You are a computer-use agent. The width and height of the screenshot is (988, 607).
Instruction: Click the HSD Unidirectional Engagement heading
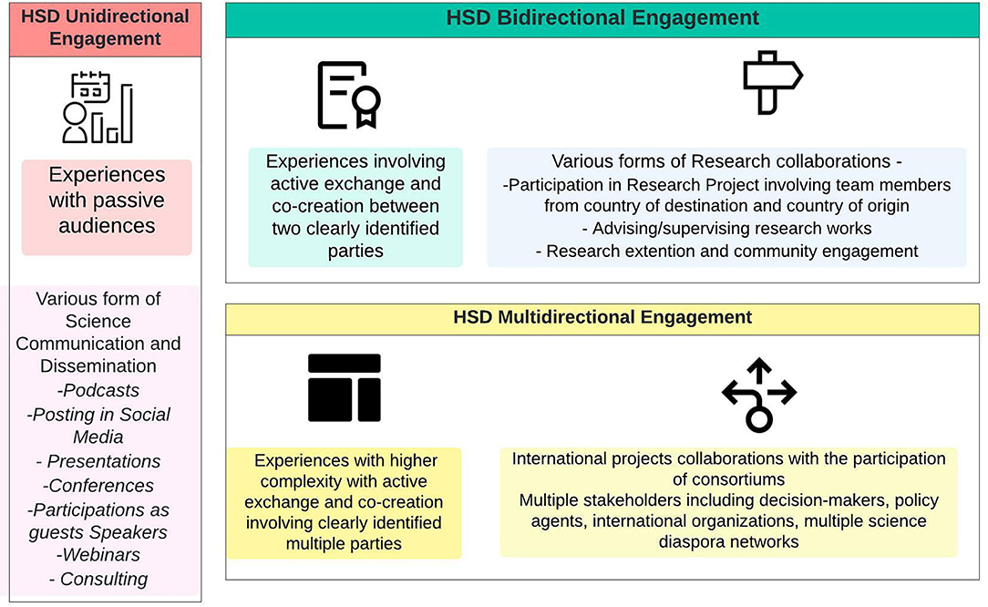105,27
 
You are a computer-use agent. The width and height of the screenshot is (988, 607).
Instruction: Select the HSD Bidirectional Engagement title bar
602,19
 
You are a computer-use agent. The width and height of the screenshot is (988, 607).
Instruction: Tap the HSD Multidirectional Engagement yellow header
602,317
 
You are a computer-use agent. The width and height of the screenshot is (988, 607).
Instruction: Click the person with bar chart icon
98,108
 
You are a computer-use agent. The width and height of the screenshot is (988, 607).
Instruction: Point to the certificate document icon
349,95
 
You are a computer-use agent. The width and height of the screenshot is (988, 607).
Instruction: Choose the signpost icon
773,83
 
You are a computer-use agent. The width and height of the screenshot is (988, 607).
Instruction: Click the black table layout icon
344,387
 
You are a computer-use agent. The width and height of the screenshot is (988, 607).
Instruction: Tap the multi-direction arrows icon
759,395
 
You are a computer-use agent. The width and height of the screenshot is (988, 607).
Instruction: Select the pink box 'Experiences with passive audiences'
107,208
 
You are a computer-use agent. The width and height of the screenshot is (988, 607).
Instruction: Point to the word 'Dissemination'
98,365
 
